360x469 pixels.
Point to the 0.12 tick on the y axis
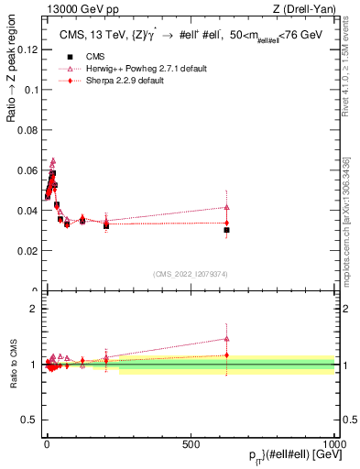[27, 49]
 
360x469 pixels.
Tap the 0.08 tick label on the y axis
[27, 129]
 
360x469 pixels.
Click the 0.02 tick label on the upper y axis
[27, 250]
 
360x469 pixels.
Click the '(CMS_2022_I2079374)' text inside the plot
[191, 273]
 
